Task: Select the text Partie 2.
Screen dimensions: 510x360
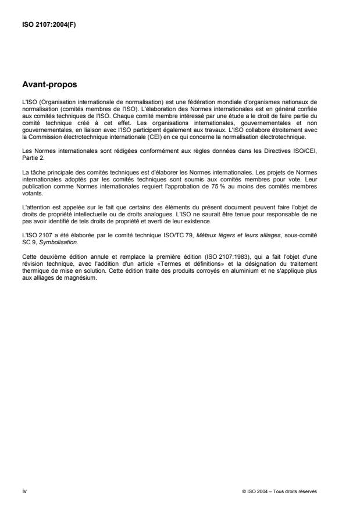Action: tap(31, 156)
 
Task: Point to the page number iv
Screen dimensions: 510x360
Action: tap(23, 490)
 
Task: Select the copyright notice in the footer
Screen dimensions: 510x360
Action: tap(287, 491)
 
